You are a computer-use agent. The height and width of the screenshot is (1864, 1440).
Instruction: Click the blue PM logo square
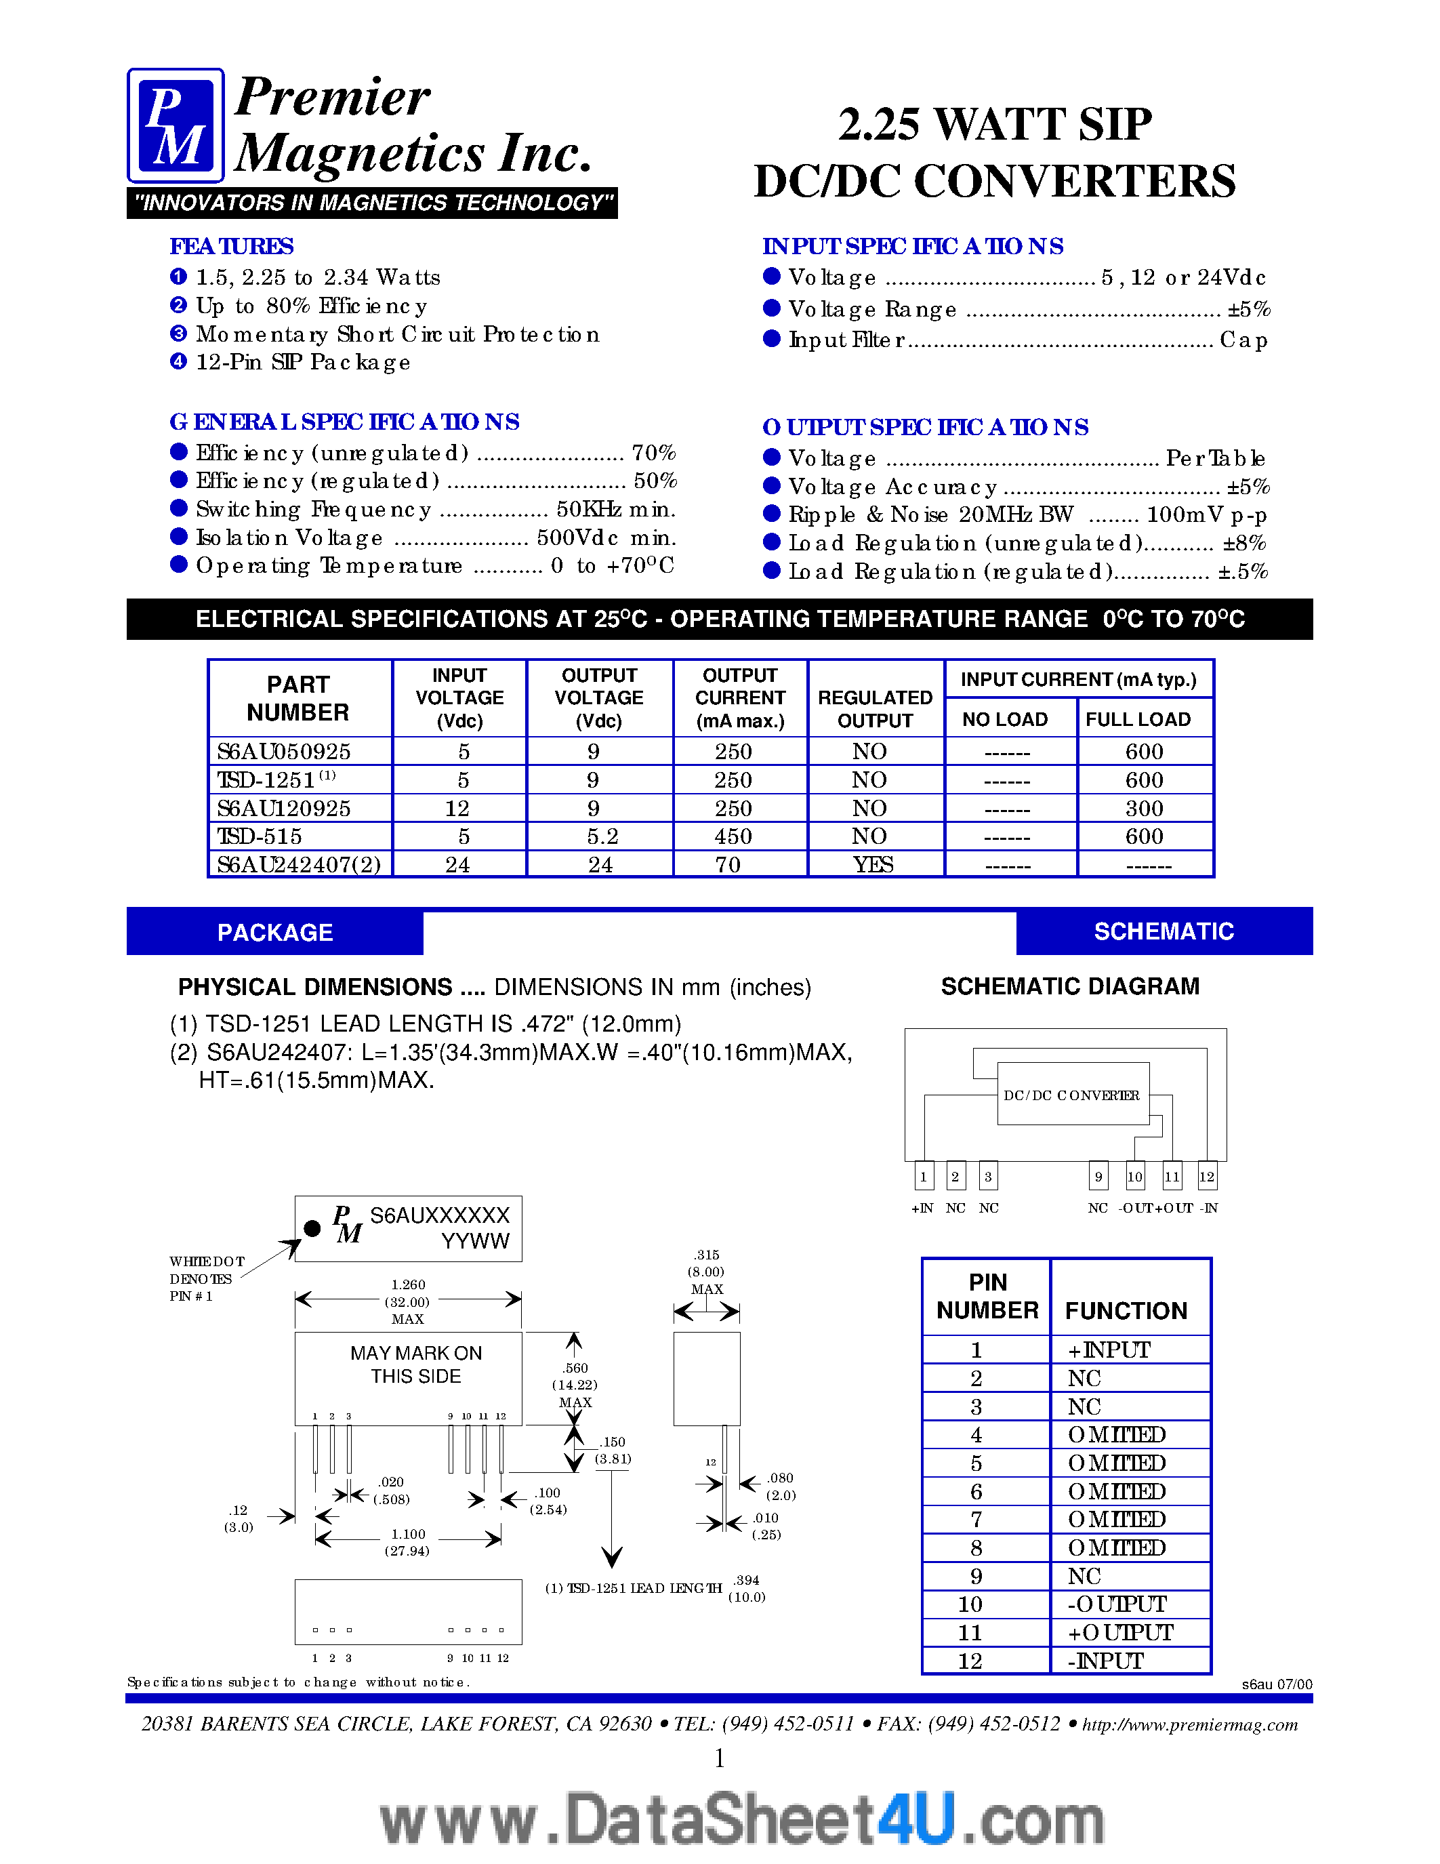point(176,125)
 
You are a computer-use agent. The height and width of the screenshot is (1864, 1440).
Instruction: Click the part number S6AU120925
point(284,808)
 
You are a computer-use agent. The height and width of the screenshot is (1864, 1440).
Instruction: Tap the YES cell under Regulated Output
point(873,865)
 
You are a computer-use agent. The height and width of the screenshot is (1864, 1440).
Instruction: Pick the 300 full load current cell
point(1144,808)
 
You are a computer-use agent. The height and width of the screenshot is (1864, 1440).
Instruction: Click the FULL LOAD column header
point(1138,719)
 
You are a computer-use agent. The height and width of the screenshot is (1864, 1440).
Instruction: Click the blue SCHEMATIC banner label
point(1164,931)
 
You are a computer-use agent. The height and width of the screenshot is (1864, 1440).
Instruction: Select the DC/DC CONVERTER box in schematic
point(1072,1094)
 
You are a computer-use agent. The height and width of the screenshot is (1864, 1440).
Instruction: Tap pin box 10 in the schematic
point(1134,1176)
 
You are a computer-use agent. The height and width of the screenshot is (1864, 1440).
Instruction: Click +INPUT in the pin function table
point(1109,1350)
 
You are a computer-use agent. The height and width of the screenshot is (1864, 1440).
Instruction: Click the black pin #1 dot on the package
point(312,1228)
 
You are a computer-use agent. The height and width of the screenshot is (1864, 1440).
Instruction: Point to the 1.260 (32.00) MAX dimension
point(408,1301)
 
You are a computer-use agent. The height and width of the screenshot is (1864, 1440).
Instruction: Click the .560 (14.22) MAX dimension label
point(575,1384)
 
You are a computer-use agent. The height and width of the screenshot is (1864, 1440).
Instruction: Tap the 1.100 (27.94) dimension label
point(408,1541)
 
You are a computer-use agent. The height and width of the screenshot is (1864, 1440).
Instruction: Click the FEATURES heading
point(231,247)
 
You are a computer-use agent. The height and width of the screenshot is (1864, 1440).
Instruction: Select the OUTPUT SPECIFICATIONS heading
point(926,427)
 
